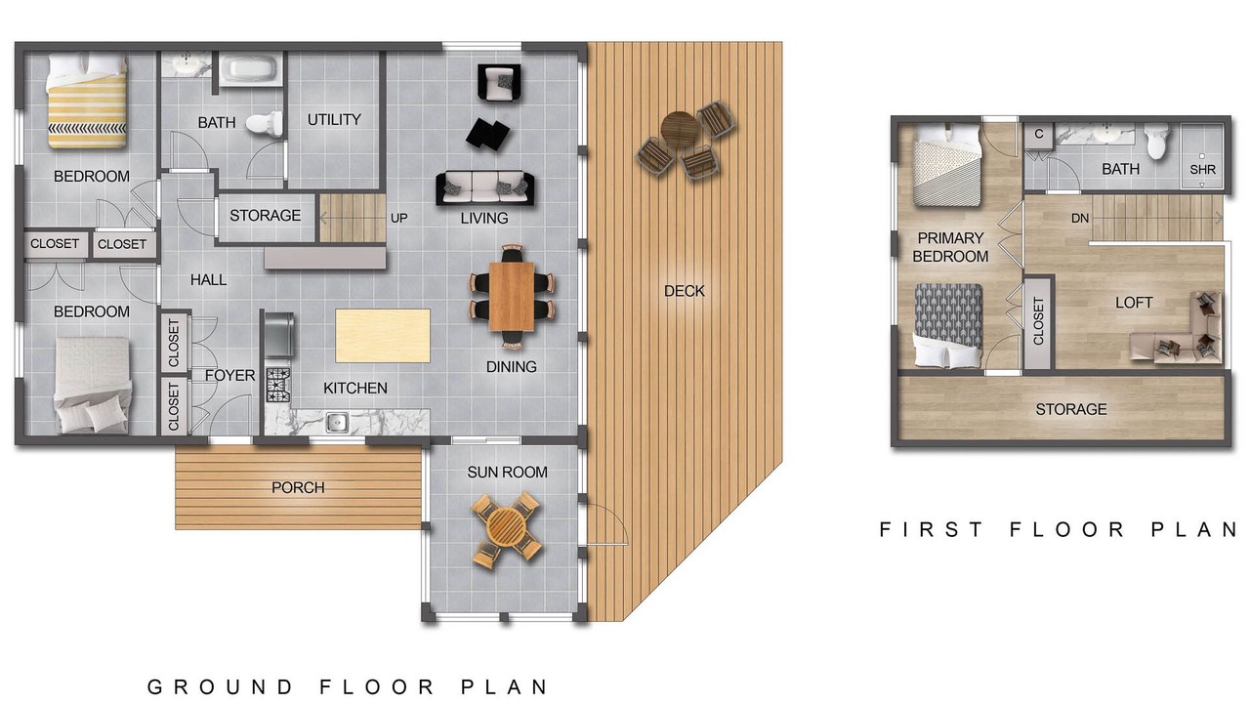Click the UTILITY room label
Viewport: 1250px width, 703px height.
point(334,119)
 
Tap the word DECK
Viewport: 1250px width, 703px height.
point(685,291)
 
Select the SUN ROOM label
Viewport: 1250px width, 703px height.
point(507,472)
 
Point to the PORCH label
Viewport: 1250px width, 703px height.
point(298,487)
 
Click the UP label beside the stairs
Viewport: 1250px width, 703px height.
point(398,218)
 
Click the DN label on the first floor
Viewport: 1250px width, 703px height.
point(1080,218)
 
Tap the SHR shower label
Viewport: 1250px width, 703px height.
point(1202,169)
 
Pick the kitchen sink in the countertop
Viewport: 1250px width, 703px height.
point(337,423)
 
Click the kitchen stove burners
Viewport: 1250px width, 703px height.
point(278,385)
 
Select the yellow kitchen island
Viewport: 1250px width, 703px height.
point(383,336)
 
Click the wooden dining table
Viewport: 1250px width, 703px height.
point(512,296)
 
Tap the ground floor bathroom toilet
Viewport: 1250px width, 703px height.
point(264,124)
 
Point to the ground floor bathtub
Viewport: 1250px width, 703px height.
point(249,69)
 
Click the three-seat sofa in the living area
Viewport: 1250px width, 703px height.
point(485,188)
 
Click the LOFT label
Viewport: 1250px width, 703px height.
point(1134,303)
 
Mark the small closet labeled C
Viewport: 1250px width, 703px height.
point(1039,135)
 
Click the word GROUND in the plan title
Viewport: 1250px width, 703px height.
point(221,686)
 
